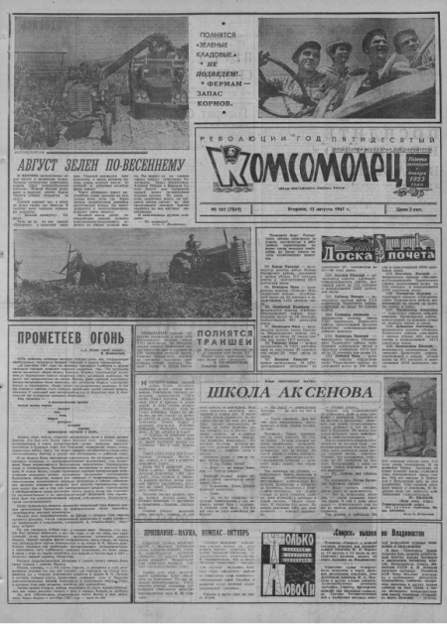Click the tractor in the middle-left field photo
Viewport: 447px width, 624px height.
[x=208, y=262]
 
